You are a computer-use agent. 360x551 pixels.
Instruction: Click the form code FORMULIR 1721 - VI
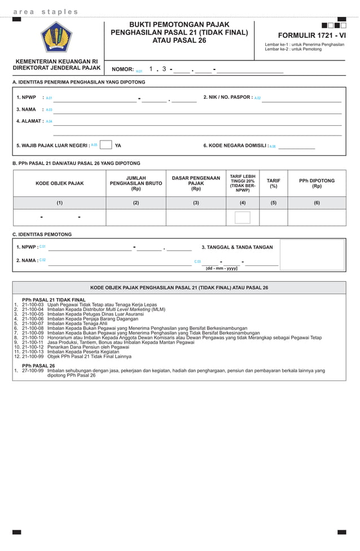(305, 35)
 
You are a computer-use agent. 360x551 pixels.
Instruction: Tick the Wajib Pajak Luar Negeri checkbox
(106, 145)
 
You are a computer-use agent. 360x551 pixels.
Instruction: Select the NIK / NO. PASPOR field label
(227, 97)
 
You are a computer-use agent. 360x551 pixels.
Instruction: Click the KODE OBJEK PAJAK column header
(59, 183)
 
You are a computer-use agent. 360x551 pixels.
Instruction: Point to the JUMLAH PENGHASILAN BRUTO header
(135, 183)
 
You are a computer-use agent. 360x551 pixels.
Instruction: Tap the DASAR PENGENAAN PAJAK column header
(196, 183)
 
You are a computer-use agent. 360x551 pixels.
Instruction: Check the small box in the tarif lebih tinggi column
(242, 217)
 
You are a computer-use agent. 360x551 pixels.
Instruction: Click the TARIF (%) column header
(273, 183)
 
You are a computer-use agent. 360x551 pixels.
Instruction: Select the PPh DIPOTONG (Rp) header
(317, 183)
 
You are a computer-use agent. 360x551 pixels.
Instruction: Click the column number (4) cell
(242, 203)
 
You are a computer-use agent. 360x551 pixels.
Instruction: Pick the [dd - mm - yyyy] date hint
(221, 269)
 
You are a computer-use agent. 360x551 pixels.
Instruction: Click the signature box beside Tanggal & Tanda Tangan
(312, 255)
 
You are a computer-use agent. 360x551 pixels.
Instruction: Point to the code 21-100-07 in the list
(33, 323)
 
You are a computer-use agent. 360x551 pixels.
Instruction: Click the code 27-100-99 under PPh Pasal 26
(33, 371)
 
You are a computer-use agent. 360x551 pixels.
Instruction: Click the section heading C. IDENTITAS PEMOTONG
(42, 234)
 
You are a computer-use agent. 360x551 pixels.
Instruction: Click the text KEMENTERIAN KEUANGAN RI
(56, 61)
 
